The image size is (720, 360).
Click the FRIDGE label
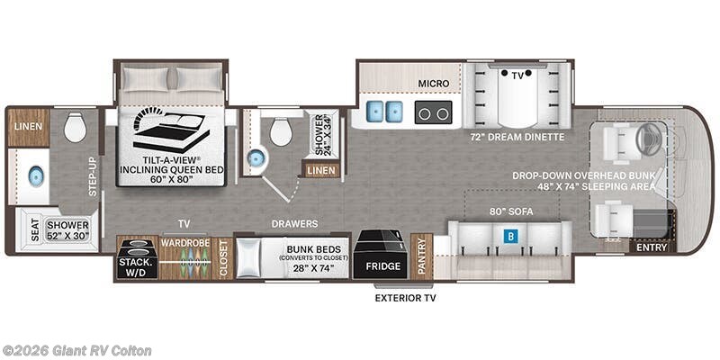click(x=383, y=266)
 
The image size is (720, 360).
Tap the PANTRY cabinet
click(x=421, y=256)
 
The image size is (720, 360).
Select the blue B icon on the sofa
click(x=510, y=236)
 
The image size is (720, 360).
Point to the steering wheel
click(x=648, y=137)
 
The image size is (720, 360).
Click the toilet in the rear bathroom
click(x=76, y=127)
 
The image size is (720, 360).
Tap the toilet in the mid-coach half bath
click(x=281, y=130)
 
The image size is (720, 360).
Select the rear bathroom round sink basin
click(x=36, y=175)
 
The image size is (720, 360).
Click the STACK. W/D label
click(x=138, y=267)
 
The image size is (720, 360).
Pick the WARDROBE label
click(x=184, y=241)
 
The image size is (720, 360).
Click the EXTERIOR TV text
click(x=406, y=298)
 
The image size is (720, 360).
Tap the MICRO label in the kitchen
click(x=433, y=84)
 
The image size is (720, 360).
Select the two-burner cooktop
click(x=433, y=112)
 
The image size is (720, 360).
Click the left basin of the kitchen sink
click(x=374, y=112)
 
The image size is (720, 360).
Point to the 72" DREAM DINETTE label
click(x=517, y=137)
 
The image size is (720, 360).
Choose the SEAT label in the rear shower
click(x=36, y=229)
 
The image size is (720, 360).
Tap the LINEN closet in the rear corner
click(x=29, y=127)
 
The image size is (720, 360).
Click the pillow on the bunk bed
click(x=248, y=258)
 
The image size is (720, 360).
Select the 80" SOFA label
click(x=511, y=211)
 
